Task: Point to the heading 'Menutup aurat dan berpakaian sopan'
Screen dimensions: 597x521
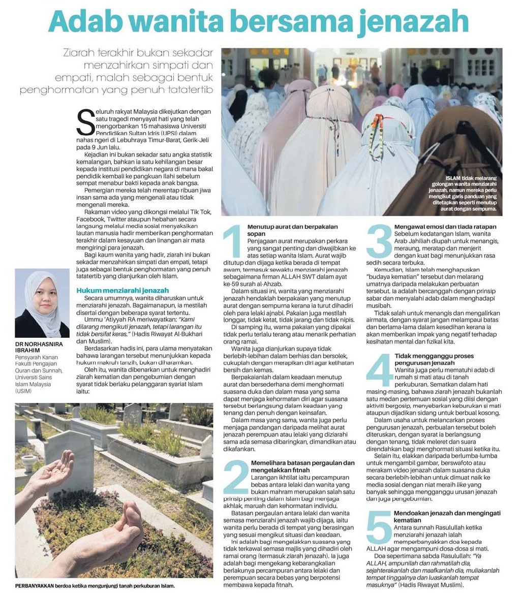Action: pos(288,230)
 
